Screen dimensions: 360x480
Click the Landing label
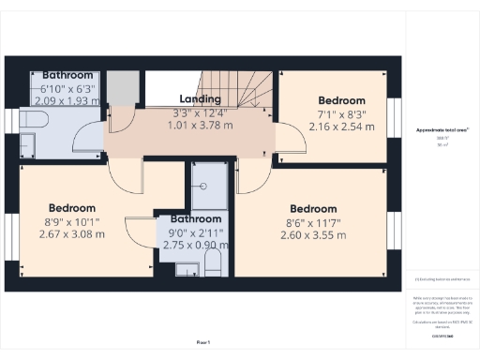pos(200,99)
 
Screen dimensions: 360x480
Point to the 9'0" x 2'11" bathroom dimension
pos(196,232)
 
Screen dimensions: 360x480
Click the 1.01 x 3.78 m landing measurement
pos(201,125)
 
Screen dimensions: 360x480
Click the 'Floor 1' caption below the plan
pos(203,342)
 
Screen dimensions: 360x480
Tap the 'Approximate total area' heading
pos(442,129)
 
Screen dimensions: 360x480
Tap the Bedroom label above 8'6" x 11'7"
pos(313,208)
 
